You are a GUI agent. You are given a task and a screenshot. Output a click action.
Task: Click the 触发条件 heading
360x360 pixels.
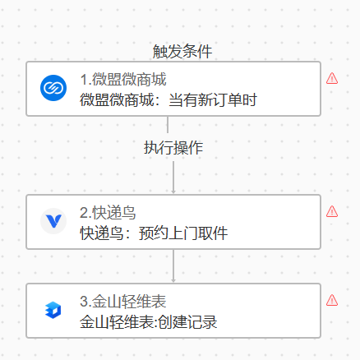182,51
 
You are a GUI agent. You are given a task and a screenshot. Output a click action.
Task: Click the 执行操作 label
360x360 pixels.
173,148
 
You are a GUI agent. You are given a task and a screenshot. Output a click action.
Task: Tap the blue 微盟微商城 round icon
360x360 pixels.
53,88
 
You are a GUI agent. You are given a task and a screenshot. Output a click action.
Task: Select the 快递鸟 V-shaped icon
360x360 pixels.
53,221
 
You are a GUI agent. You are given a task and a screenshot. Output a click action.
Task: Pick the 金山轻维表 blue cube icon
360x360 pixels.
53,310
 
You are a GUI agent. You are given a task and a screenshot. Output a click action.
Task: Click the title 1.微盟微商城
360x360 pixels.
123,79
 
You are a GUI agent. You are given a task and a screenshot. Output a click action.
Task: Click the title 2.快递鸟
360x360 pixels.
108,213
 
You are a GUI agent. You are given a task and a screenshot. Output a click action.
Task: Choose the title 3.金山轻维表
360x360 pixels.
123,302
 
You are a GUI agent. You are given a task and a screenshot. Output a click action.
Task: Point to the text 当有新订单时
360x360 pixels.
213,99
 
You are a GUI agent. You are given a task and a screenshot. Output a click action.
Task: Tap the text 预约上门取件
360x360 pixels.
183,233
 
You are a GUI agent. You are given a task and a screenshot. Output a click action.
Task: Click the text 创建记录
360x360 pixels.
187,322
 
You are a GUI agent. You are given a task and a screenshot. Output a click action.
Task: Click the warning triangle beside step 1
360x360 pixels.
332,78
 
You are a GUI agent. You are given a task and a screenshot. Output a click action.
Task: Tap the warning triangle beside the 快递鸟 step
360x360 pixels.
332,211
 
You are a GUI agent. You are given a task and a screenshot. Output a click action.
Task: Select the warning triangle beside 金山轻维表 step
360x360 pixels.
332,300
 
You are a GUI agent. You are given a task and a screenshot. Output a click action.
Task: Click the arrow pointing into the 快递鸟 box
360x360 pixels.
173,178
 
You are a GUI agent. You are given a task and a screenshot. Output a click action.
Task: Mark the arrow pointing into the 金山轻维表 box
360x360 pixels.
173,266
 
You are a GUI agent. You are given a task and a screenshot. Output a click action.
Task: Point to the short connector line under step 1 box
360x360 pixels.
168,125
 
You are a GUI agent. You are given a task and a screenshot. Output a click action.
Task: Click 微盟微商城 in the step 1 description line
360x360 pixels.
117,99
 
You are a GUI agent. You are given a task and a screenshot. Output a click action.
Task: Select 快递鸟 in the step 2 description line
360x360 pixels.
101,233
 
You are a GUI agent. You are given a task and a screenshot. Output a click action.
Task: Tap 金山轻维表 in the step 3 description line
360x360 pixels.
117,322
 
